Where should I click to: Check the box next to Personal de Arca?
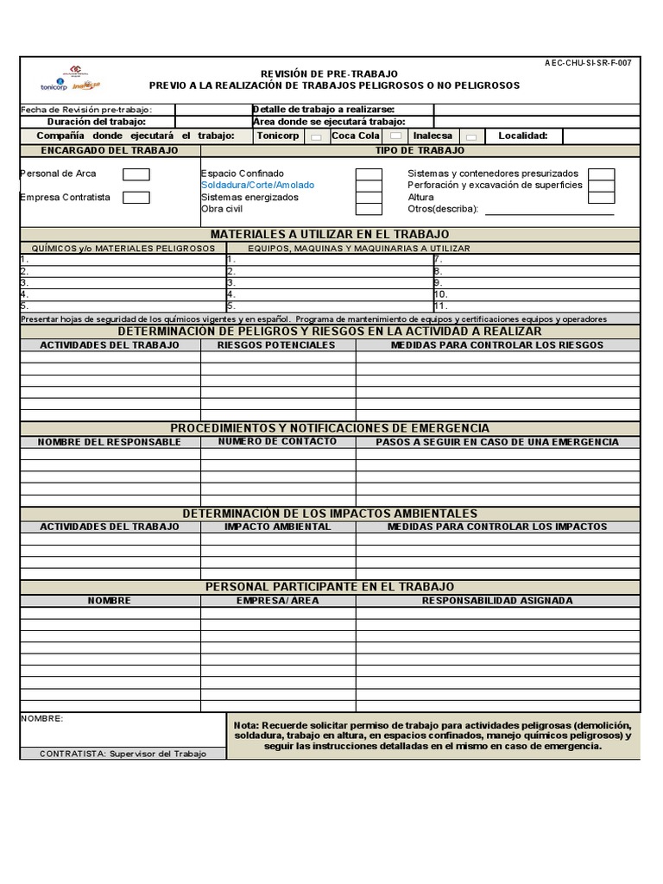pos(136,174)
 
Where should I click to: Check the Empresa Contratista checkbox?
pos(136,198)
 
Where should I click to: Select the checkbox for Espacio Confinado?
pos(369,174)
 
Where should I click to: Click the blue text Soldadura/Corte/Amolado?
pos(257,186)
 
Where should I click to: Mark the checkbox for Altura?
pos(601,198)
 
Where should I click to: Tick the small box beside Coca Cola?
pos(395,136)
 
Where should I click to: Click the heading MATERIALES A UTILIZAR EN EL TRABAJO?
pos(330,234)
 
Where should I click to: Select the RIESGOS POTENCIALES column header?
pos(276,345)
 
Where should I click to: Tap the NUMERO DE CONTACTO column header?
pos(277,442)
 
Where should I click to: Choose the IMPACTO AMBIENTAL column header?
pos(277,527)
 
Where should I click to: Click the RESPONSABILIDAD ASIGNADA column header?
pos(496,601)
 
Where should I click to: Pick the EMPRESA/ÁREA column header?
pos(277,601)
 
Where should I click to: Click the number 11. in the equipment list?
pos(440,306)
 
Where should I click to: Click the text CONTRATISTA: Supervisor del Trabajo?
pos(123,754)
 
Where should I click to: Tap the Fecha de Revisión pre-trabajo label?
pos(86,110)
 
